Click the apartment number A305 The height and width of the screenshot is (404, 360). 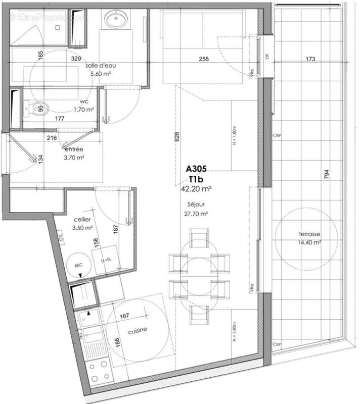196,169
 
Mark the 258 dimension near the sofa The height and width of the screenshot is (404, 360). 204,59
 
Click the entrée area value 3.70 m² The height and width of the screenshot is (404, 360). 74,158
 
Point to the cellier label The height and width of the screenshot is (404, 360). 82,219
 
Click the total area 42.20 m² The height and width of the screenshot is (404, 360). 196,188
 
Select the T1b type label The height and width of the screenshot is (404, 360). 196,179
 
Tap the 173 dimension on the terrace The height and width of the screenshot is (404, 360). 310,59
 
